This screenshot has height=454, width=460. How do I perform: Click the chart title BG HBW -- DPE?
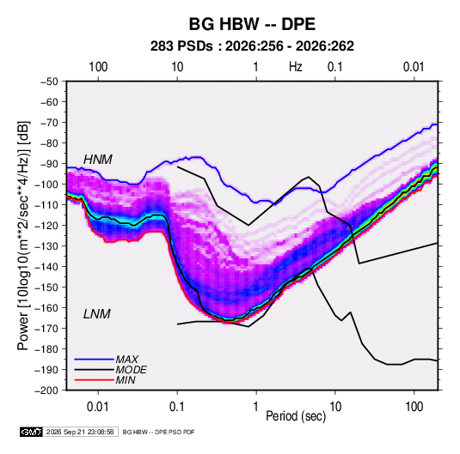[252, 24]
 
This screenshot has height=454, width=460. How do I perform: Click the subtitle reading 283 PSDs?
[181, 46]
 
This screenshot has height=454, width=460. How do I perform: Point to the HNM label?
[98, 160]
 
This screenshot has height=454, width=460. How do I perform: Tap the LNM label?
[97, 314]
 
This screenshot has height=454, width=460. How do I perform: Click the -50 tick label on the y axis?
[49, 82]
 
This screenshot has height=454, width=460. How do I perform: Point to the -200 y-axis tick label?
[46, 390]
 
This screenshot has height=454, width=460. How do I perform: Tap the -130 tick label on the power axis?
[46, 245]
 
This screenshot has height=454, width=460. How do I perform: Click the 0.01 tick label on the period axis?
[98, 407]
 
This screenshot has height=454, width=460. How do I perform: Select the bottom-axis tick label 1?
[256, 407]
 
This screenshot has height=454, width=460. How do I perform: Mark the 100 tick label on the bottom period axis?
[414, 407]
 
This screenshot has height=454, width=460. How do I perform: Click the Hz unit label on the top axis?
[295, 67]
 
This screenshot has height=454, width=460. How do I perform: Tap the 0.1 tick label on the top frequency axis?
[335, 67]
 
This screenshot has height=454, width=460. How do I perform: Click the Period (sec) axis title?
[296, 416]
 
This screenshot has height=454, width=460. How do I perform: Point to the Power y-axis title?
[23, 235]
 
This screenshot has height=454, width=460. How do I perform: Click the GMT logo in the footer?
[31, 432]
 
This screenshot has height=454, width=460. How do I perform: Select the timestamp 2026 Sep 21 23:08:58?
[80, 432]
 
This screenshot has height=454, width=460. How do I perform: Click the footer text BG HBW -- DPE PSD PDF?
[158, 432]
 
